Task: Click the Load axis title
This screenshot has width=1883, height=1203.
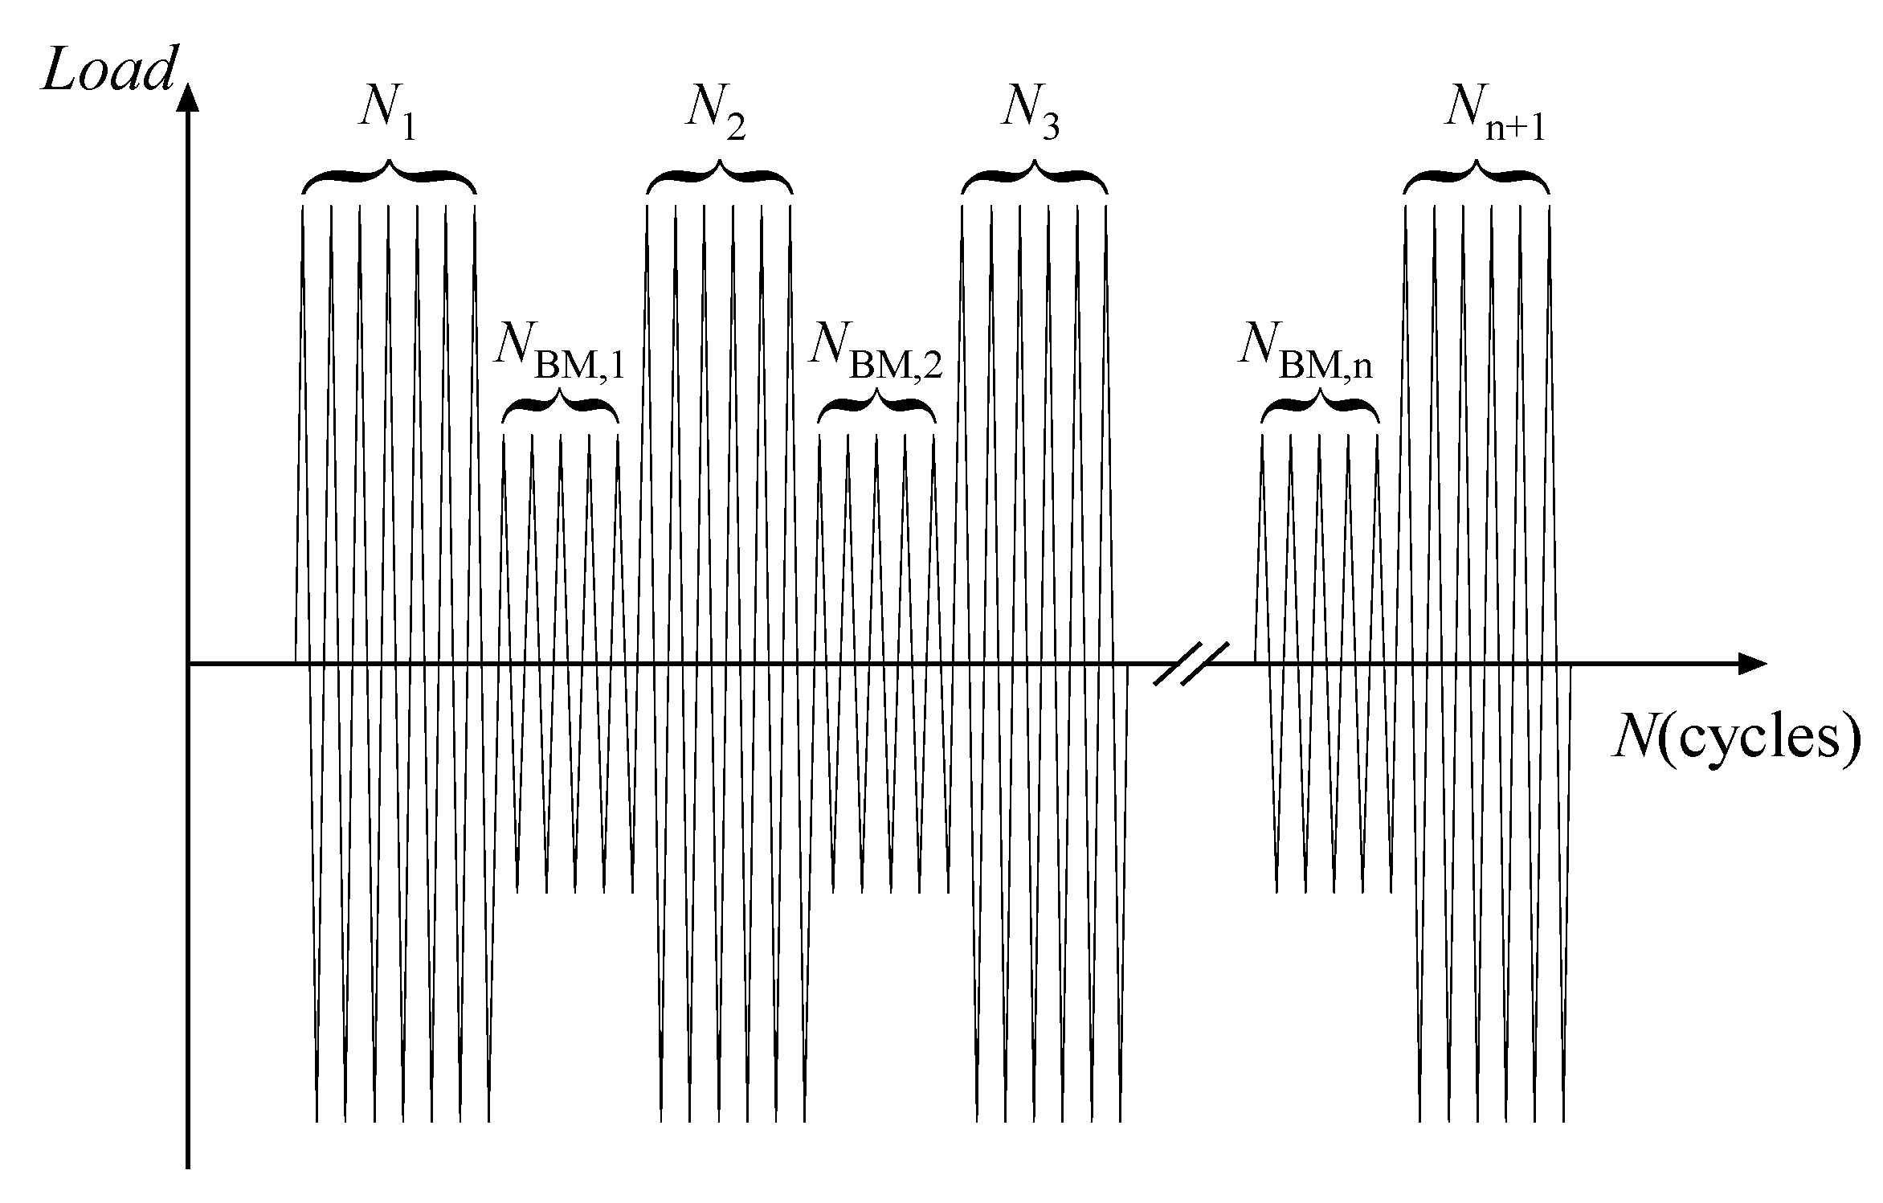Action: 108,71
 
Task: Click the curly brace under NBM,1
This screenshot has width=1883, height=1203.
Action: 561,407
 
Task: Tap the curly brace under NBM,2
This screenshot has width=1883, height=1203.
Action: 876,407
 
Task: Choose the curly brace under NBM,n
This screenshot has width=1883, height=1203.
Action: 1320,407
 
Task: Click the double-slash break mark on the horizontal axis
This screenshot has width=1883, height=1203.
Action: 1191,663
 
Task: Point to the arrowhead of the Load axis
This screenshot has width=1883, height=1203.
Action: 188,95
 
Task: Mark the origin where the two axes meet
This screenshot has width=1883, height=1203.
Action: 188,664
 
